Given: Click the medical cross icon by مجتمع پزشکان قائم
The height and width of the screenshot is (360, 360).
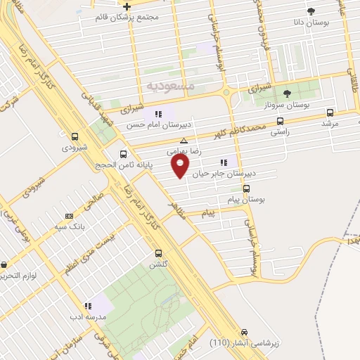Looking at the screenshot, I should coord(127,6).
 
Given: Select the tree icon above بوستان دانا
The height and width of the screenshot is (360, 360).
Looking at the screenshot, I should coord(311,11).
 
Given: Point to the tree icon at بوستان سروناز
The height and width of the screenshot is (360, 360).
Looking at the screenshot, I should coord(286,93).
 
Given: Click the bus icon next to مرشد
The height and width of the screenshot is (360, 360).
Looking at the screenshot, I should coord(330,112).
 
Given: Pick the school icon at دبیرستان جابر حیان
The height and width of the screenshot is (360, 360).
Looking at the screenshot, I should coord(224,163).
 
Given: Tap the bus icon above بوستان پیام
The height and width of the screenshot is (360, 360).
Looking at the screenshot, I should coord(246,188).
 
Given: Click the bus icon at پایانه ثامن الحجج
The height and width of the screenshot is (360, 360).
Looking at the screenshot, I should coord(124,154).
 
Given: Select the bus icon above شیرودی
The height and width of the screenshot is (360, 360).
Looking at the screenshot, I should coord(75,136).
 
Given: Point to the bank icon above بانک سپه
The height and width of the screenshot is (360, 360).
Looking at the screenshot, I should coord(69,216).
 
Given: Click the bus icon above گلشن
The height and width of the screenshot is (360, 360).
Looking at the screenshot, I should coord(158,253).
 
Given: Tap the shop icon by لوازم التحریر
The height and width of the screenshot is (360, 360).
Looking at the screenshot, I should coord(5,265).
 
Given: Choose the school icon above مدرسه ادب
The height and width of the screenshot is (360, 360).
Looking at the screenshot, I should coord(88,307).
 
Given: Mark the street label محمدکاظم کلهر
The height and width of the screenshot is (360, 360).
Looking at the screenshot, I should coord(243,129).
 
